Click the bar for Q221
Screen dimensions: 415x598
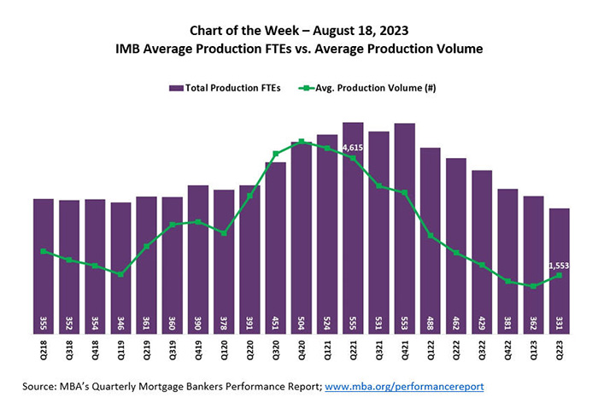tap(353, 231)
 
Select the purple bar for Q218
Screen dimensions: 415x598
tap(44, 265)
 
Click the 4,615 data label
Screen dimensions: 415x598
tap(353, 148)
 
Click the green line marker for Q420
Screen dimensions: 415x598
tap(302, 142)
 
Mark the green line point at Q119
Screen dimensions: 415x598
tap(121, 274)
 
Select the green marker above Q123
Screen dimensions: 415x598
tap(534, 286)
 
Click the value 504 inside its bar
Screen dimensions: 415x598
tap(302, 323)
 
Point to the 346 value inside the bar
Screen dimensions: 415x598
tap(121, 323)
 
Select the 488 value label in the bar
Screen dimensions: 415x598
tap(431, 323)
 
